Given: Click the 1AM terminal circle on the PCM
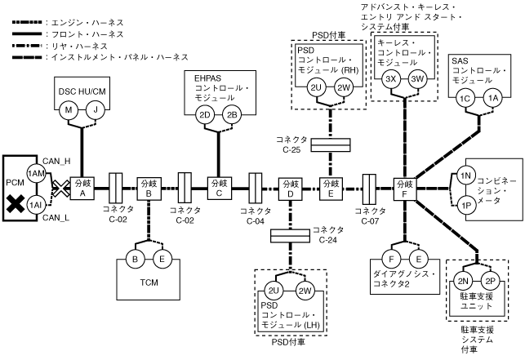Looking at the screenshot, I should pyautogui.click(x=35, y=174).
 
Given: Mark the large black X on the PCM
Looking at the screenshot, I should pyautogui.click(x=15, y=204).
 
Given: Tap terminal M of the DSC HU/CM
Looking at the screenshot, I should pyautogui.click(x=71, y=109).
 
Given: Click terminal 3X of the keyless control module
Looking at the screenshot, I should pyautogui.click(x=391, y=78).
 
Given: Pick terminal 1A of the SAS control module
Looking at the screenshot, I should pyautogui.click(x=492, y=98).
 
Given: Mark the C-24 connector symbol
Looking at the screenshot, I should pyautogui.click(x=289, y=235).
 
